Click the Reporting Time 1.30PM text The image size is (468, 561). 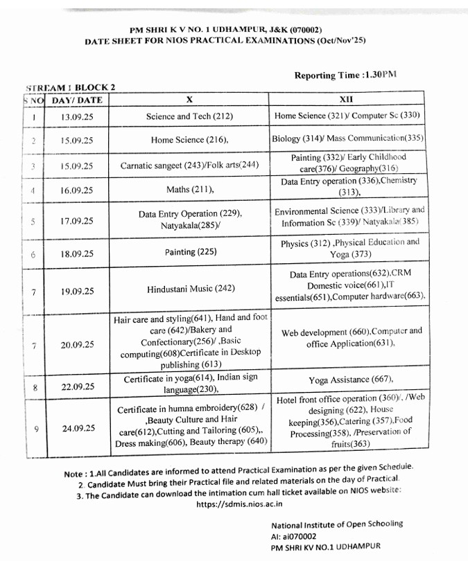click(345, 75)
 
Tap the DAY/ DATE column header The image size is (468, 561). click(77, 100)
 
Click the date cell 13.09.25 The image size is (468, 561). click(77, 117)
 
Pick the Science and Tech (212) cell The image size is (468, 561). click(189, 116)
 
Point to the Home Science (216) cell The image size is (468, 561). click(189, 140)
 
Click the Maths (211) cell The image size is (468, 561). click(189, 189)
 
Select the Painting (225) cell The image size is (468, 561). click(189, 253)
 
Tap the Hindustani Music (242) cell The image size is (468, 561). click(189, 289)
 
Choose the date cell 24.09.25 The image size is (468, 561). click(78, 428)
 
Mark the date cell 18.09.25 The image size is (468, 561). click(77, 254)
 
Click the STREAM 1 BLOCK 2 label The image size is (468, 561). click(70, 88)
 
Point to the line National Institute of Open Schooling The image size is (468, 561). click(336, 524)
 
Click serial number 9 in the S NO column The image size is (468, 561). click(35, 429)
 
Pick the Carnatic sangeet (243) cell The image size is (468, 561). click(189, 166)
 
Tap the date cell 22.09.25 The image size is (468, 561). click(78, 386)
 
